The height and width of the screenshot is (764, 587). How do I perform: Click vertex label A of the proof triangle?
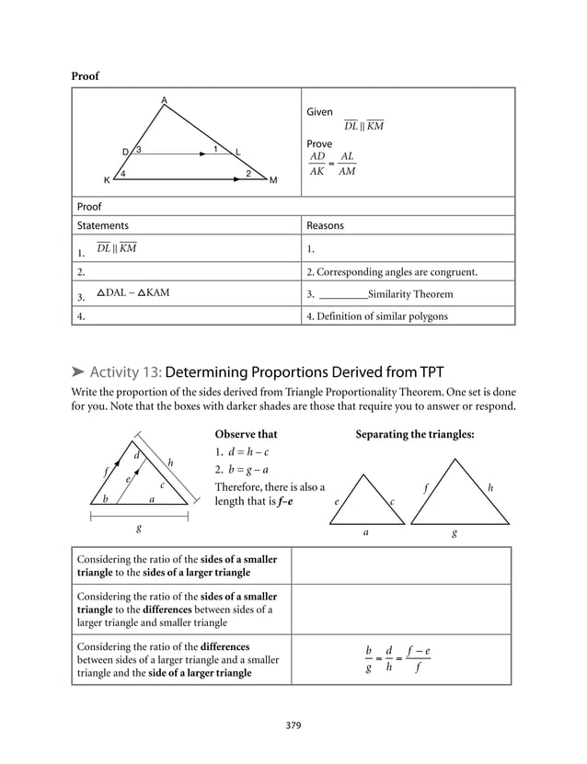164,99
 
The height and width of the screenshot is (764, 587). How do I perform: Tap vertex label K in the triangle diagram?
107,180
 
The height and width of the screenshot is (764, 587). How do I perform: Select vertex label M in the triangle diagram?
273,180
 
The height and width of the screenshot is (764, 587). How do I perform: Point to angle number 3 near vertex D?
138,150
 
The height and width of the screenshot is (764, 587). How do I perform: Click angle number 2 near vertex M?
247,173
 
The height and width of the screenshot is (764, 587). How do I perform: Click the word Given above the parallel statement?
319,111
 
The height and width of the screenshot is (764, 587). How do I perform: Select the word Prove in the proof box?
319,144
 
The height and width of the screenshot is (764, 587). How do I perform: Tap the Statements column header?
103,225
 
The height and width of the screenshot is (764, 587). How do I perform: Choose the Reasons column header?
326,225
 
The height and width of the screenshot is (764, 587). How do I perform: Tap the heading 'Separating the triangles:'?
414,434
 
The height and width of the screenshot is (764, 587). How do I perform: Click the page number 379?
293,725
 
